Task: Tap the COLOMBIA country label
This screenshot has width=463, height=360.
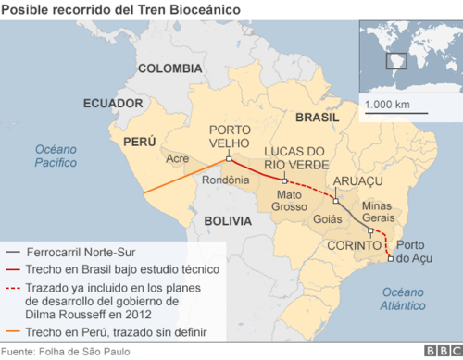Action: (169, 68)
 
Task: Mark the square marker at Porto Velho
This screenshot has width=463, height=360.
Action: (229, 158)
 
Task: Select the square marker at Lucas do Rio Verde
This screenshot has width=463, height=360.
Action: (285, 180)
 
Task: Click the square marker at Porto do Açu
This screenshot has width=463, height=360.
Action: (390, 258)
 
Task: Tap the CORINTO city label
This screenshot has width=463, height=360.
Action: (352, 246)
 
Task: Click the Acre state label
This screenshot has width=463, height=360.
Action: (177, 159)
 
